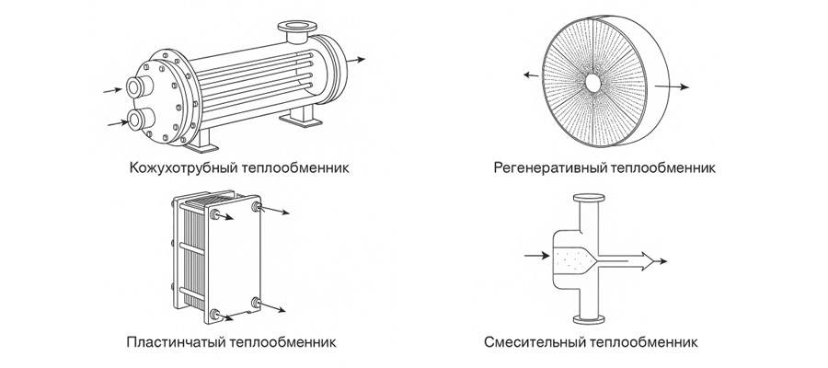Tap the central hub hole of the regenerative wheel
tap(594, 81)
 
